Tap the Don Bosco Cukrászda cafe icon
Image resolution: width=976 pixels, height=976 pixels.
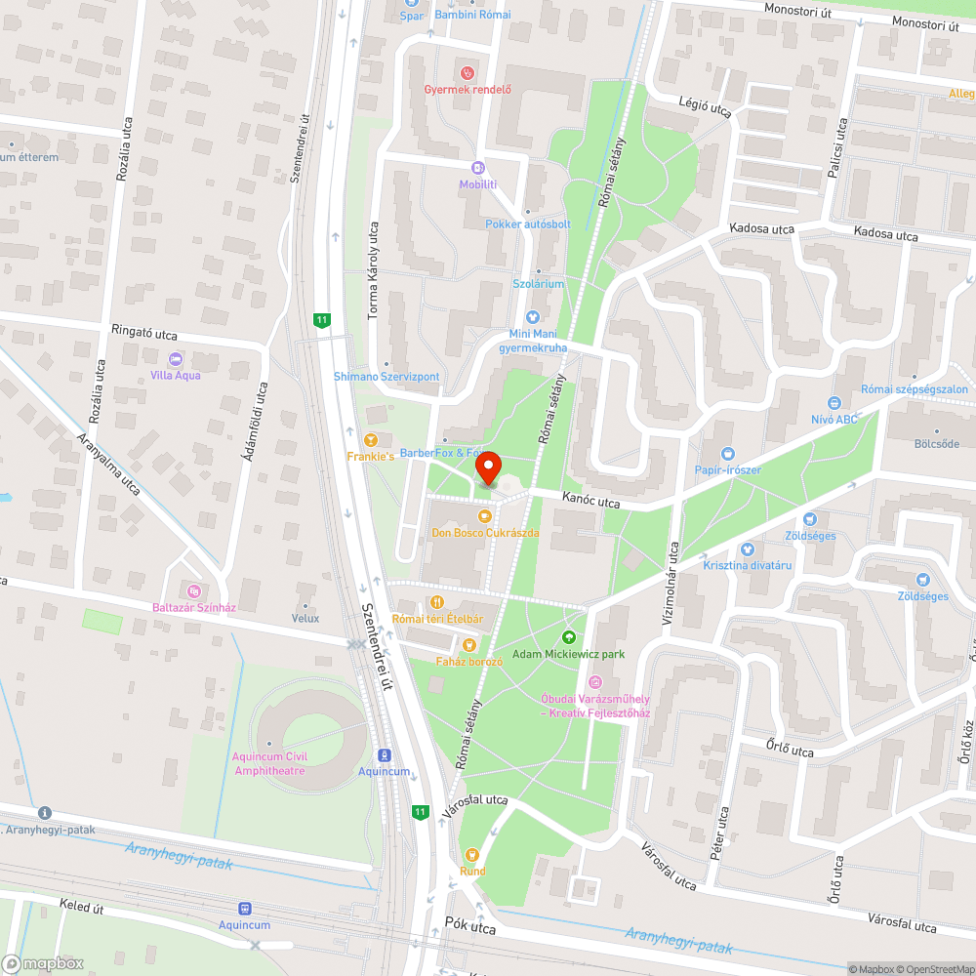(484, 515)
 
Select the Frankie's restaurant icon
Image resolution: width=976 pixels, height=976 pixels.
(370, 439)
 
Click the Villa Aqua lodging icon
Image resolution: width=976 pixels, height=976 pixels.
(175, 358)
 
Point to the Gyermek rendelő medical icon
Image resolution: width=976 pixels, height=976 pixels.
(468, 72)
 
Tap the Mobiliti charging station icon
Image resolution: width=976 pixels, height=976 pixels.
(478, 168)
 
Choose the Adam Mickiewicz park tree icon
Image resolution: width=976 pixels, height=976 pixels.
(569, 637)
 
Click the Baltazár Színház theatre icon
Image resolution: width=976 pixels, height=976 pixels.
(193, 590)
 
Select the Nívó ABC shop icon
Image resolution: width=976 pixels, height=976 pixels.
(834, 403)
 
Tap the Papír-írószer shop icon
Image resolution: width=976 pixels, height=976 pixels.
(727, 454)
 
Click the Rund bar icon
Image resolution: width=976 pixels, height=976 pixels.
(472, 855)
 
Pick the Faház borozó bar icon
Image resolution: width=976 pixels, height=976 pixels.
(469, 645)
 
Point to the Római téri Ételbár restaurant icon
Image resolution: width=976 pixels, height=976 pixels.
(437, 602)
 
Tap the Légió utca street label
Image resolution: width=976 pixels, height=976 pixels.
(706, 106)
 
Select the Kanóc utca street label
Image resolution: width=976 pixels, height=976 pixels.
(590, 502)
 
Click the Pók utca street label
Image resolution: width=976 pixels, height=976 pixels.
(470, 922)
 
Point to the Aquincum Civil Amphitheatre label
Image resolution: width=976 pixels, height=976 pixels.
(269, 763)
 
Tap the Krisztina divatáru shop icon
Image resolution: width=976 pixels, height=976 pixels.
(748, 549)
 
